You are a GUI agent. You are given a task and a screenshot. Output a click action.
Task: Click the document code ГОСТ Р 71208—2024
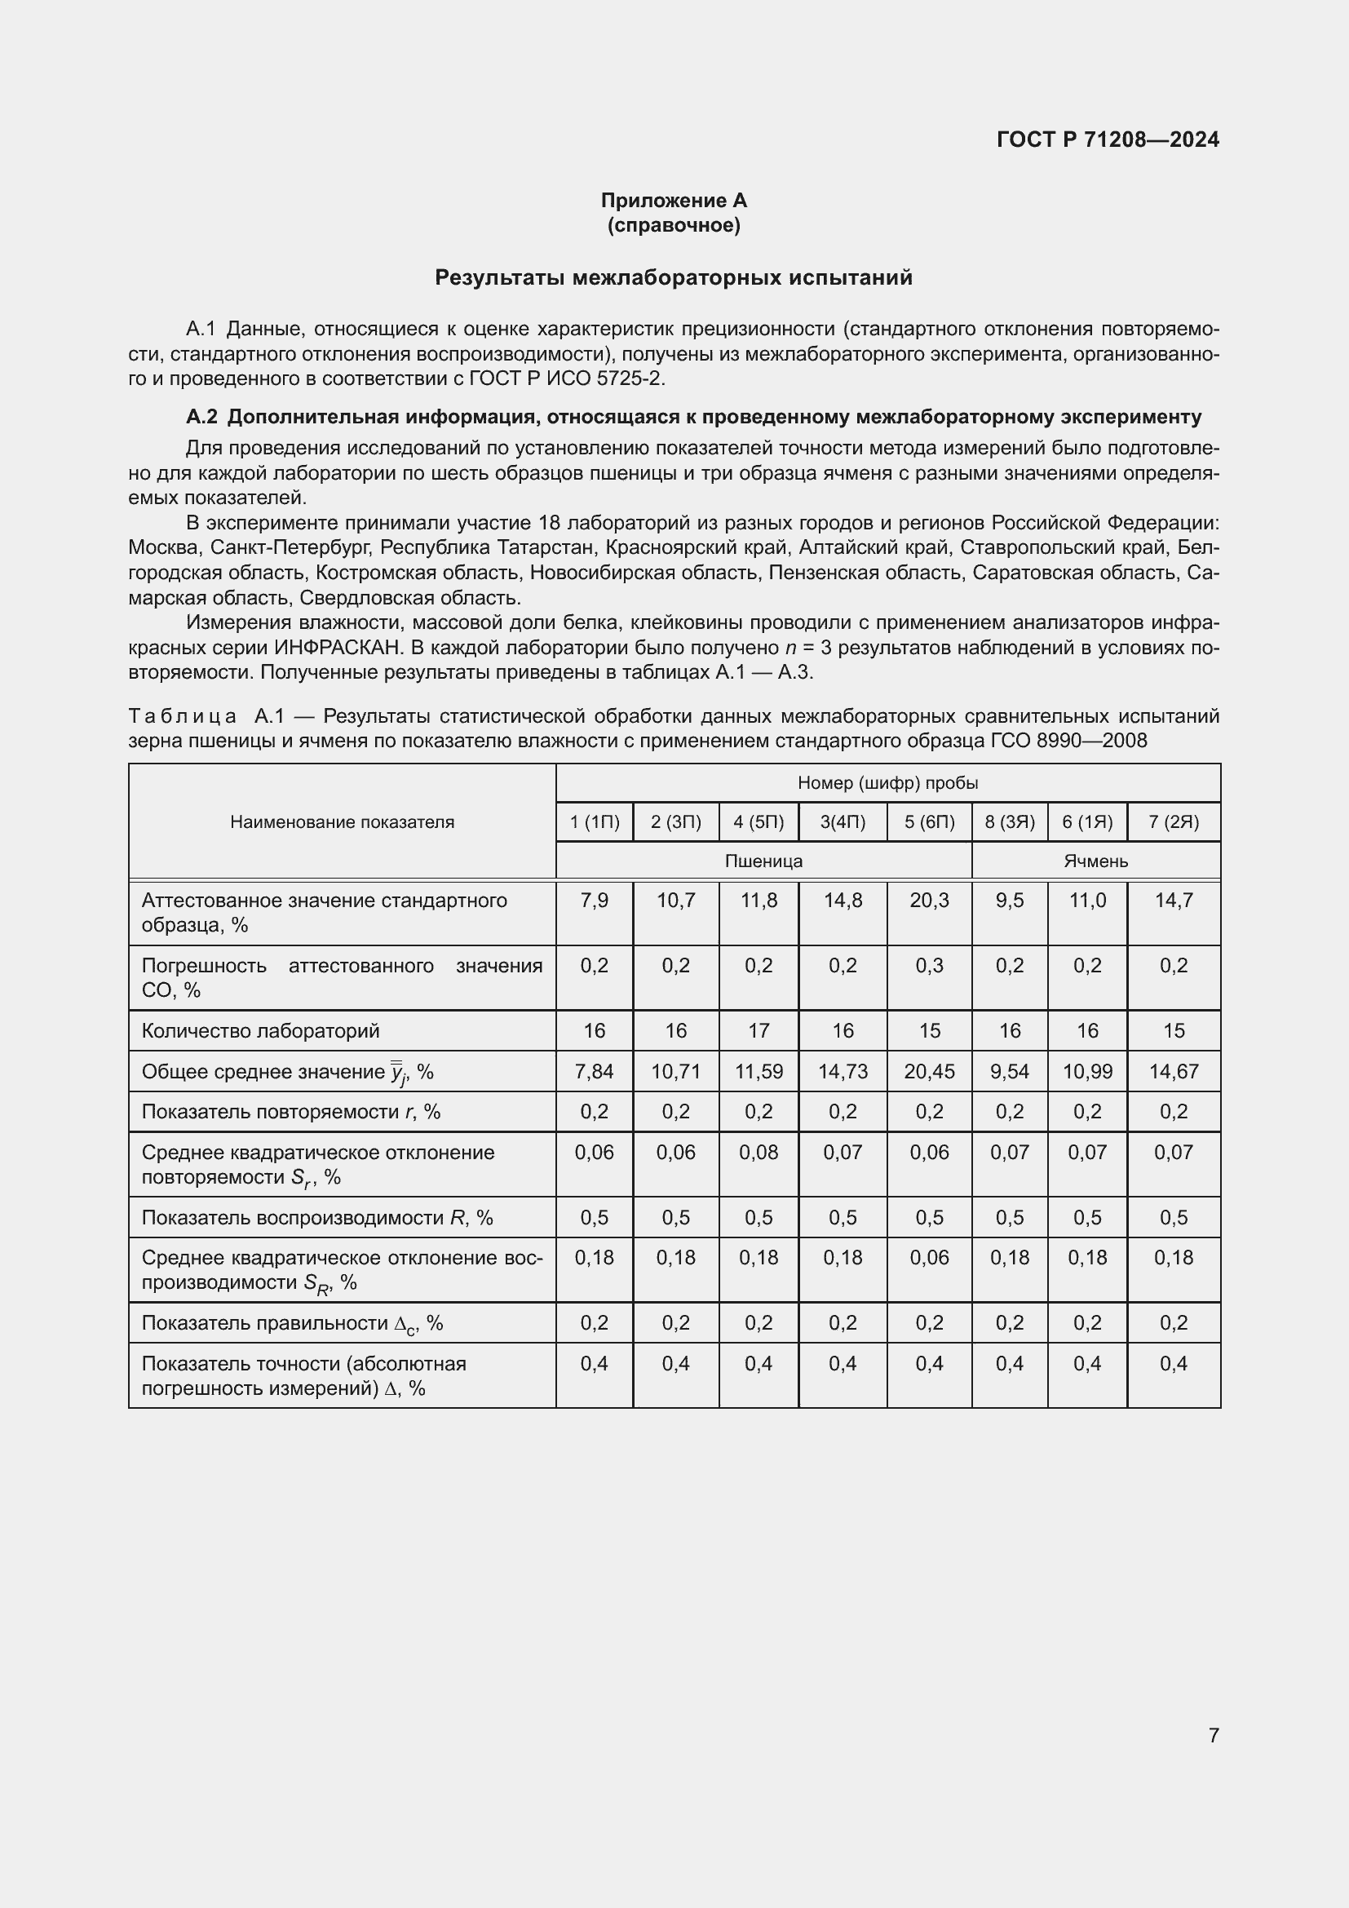point(1108,139)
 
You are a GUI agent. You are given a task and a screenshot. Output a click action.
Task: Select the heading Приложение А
point(674,201)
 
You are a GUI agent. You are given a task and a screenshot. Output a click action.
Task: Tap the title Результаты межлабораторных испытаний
point(674,277)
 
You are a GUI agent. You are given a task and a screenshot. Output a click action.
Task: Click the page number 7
point(1213,1735)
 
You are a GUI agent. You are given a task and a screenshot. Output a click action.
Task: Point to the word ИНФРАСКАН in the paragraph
point(338,648)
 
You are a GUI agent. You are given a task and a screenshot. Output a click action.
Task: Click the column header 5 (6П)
point(929,822)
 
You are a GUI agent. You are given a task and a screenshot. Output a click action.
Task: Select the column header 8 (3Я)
point(1009,822)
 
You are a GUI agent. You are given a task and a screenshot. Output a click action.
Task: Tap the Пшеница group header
point(763,861)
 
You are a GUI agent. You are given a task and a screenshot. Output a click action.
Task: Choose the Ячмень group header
point(1095,861)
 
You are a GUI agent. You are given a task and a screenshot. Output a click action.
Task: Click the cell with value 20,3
point(929,901)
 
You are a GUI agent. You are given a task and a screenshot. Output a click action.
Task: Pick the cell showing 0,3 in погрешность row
point(929,966)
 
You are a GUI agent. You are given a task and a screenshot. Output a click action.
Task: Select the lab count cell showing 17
point(759,1031)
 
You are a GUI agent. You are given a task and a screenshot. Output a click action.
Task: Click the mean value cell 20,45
point(929,1072)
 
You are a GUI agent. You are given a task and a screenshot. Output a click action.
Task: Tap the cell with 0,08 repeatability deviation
point(759,1153)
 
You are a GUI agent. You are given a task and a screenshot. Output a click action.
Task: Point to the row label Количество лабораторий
point(260,1031)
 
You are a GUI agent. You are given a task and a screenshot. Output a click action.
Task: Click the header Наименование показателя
point(342,822)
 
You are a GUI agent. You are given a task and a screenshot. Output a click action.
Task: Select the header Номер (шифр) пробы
point(887,783)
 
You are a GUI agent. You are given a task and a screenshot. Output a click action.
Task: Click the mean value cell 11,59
point(759,1072)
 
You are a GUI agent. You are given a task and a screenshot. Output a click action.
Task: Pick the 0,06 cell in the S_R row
point(929,1258)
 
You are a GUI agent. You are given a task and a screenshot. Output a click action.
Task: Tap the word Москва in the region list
point(163,547)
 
